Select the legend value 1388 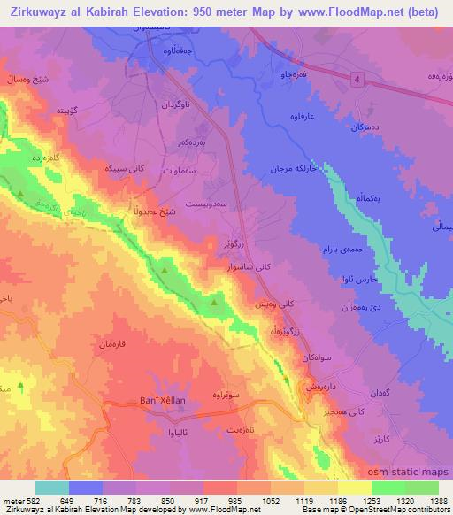(437, 500)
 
